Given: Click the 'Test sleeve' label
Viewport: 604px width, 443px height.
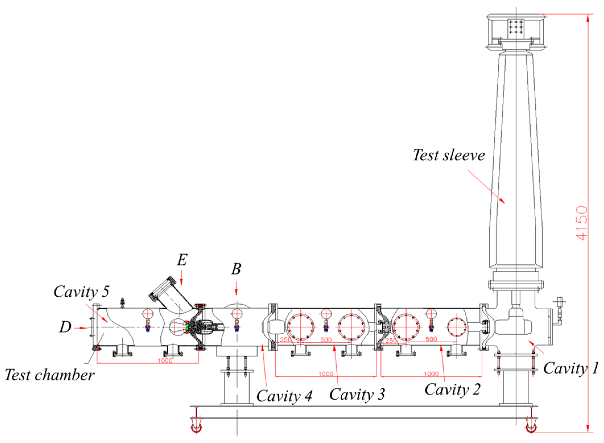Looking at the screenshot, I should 448,155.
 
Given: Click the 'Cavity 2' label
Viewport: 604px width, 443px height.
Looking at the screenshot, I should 452,389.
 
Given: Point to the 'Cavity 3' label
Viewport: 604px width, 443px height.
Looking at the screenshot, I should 357,394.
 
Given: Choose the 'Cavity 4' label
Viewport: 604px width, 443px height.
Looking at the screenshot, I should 284,396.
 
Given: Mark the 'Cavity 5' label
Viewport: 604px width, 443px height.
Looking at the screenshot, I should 81,292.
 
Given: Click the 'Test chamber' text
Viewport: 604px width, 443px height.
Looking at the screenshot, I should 49,375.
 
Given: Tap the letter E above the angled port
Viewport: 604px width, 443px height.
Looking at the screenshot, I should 182,260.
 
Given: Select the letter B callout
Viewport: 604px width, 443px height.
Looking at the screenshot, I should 236,269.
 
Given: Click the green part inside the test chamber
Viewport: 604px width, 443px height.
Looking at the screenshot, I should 188,327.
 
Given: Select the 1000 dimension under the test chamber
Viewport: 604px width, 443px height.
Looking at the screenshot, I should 165,361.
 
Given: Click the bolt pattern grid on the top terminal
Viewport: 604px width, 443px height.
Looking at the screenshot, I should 516,26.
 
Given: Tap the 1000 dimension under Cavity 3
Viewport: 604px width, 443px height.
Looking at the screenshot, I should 326,374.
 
